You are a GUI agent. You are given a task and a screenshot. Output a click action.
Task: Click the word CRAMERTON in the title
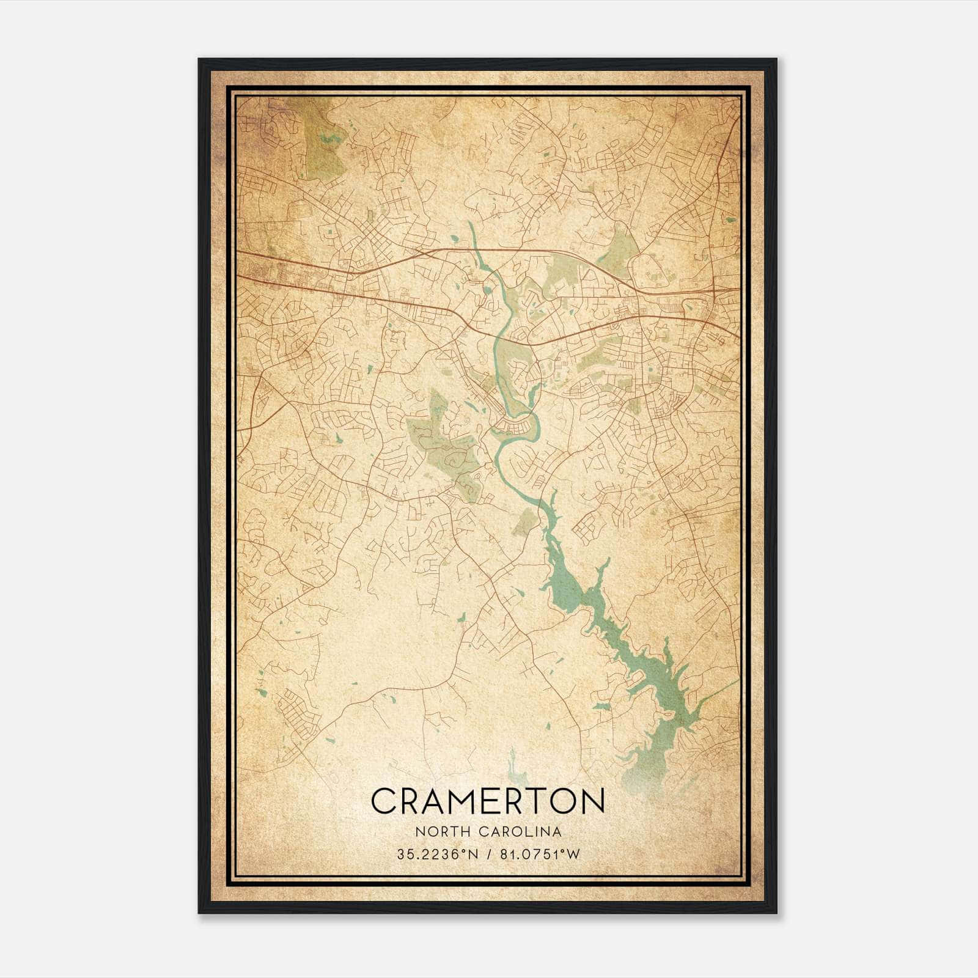point(488,801)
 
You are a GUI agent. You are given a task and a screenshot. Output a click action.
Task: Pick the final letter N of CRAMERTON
point(592,801)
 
